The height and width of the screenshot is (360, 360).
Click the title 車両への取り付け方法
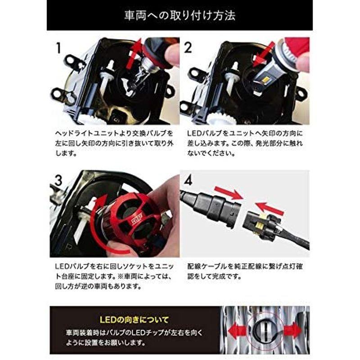180,16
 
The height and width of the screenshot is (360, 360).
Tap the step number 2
188,47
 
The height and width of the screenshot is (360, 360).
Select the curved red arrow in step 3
97,225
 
